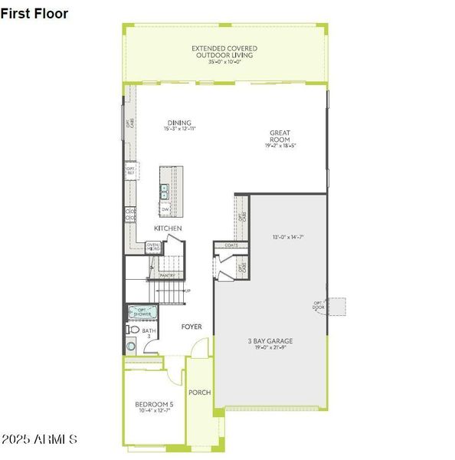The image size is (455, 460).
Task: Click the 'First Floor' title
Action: coord(40,14)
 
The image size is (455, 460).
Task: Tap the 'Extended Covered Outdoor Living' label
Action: coord(224,52)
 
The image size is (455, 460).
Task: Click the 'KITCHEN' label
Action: coord(169,228)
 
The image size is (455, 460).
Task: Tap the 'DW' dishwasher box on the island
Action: coord(165,208)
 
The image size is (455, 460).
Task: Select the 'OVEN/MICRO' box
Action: coord(153,246)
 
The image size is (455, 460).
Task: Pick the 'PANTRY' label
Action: coord(167,274)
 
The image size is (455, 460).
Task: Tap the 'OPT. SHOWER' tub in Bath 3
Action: coord(143,313)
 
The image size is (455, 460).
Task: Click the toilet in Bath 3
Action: coord(132,330)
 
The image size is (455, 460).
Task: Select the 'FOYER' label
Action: coord(191,327)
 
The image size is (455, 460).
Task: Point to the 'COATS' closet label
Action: coord(231,245)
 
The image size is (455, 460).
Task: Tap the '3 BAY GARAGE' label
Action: coord(270,341)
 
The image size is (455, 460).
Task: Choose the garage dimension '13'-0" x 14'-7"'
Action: coord(289,237)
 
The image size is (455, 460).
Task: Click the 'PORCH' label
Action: coord(200,392)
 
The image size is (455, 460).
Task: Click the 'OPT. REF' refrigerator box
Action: coord(131,171)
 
